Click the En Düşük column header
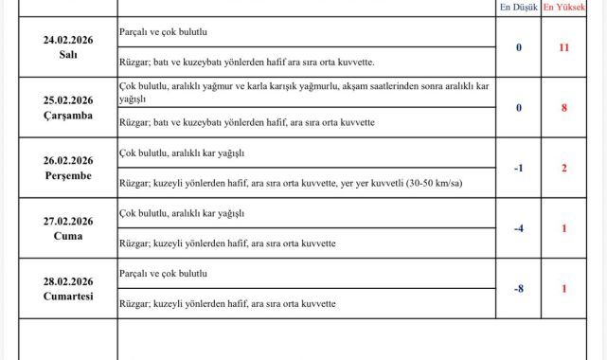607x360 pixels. point(518,8)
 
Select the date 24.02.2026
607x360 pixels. point(68,40)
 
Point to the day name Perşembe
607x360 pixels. point(68,175)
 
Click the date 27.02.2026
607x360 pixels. point(68,221)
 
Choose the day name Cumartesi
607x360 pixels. point(68,297)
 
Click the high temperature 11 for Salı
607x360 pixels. point(563,46)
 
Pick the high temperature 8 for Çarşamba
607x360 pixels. point(563,108)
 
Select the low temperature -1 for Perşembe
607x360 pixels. point(518,169)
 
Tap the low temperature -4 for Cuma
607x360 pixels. point(518,228)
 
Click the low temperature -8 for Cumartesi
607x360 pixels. point(518,288)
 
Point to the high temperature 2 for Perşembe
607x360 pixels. point(563,169)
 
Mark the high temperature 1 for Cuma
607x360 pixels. point(563,228)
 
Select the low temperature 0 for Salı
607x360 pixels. point(518,46)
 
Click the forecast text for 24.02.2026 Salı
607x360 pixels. point(164,32)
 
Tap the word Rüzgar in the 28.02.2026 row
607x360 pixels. point(138,303)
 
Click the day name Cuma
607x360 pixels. point(68,236)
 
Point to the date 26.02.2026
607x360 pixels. point(68,160)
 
